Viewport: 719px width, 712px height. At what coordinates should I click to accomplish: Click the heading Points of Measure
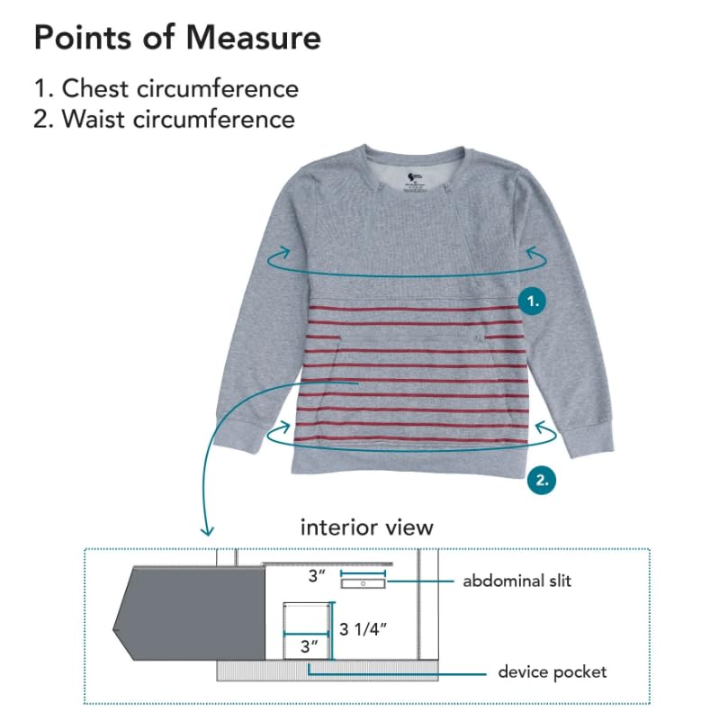pyautogui.click(x=176, y=39)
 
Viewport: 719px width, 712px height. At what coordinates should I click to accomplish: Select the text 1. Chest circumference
pyautogui.click(x=166, y=88)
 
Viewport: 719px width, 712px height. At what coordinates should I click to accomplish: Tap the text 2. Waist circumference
pyautogui.click(x=164, y=118)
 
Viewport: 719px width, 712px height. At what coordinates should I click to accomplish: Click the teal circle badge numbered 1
pyautogui.click(x=534, y=302)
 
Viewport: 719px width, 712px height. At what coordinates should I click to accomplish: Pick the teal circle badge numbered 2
pyautogui.click(x=541, y=479)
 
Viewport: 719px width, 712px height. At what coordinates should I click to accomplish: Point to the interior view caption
pyautogui.click(x=366, y=527)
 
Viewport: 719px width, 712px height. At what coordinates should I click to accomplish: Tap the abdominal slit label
pyautogui.click(x=517, y=581)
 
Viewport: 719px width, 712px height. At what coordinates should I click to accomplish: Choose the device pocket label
pyautogui.click(x=553, y=671)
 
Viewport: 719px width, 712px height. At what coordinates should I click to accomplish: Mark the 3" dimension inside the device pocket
pyautogui.click(x=310, y=645)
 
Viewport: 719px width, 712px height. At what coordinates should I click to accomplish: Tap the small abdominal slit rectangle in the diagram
pyautogui.click(x=363, y=583)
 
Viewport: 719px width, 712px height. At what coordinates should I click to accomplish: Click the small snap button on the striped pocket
pyautogui.click(x=478, y=337)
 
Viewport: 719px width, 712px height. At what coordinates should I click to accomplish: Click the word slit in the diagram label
pyautogui.click(x=557, y=581)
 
